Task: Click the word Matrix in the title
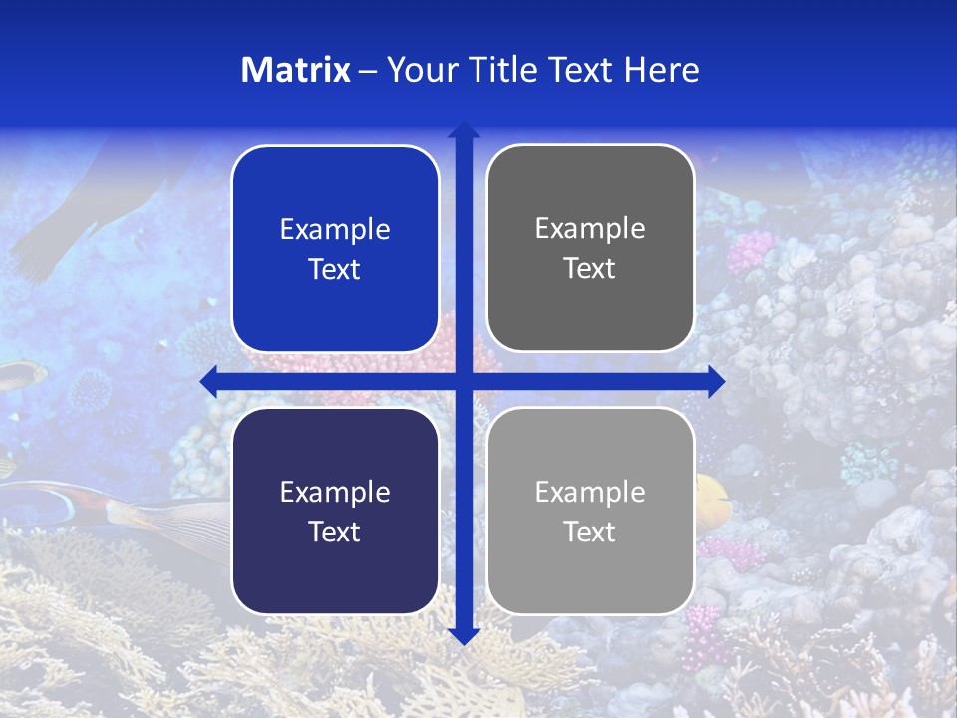[295, 70]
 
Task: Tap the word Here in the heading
[661, 70]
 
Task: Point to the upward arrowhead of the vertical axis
[464, 130]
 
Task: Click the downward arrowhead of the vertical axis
[464, 635]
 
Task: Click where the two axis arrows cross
[464, 381]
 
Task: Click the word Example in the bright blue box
[335, 230]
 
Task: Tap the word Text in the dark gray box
[590, 269]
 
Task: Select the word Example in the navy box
[335, 492]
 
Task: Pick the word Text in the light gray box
[590, 532]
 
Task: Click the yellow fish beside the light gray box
[713, 495]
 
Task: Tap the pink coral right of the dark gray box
[750, 251]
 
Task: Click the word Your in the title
[420, 70]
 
